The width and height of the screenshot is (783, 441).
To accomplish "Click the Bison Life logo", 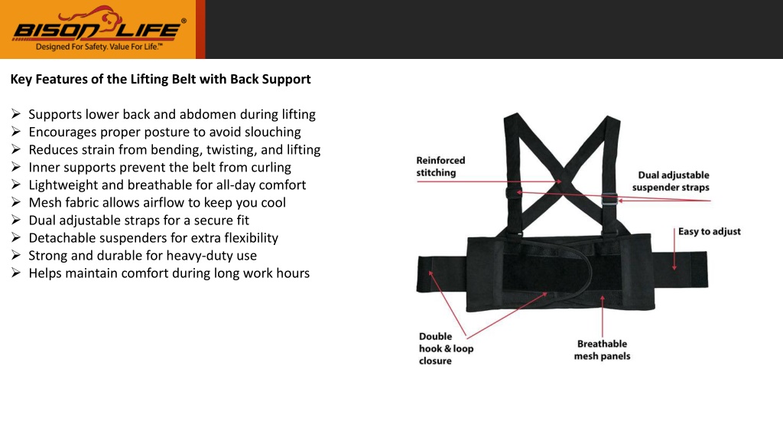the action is [99, 28].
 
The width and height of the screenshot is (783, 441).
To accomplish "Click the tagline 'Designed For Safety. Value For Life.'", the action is [99, 47].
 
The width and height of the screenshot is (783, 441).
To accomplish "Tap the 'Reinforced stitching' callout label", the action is [440, 166].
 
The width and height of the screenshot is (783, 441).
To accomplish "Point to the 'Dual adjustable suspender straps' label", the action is [671, 181].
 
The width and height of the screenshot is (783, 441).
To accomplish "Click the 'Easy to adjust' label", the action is [709, 231].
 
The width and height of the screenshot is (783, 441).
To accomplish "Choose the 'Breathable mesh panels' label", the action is [603, 350].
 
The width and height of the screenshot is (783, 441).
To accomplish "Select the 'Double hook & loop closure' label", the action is [446, 348].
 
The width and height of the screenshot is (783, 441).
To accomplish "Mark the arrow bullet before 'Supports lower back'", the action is [16, 114].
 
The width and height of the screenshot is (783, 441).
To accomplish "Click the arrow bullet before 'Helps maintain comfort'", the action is [16, 273].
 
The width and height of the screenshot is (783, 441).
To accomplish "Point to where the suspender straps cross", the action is [562, 181].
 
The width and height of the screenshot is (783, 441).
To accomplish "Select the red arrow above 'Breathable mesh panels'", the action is [603, 316].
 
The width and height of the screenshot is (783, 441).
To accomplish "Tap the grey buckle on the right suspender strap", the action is [609, 199].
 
